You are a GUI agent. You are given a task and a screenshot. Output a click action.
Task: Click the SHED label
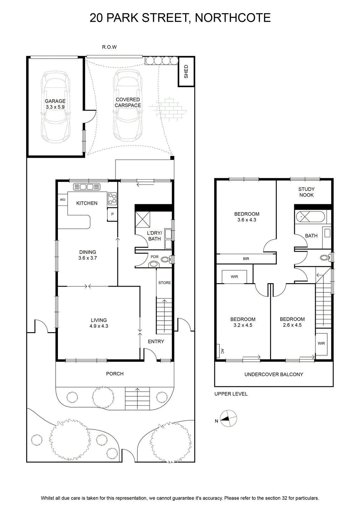pos(186,72)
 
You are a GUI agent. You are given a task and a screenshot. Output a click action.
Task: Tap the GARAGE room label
pos(55,101)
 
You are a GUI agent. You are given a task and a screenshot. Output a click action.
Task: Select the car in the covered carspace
pos(128,105)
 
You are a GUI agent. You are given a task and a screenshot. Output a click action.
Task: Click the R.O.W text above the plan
pos(109,47)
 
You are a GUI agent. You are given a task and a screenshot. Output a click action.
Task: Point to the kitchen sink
pos(87,187)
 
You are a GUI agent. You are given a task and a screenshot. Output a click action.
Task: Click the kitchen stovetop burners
pos(112,199)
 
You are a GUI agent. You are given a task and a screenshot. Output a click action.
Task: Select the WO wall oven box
pos(62,199)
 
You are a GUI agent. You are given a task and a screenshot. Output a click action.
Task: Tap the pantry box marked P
pos(112,214)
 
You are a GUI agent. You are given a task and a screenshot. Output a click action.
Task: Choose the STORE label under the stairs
pos(164,283)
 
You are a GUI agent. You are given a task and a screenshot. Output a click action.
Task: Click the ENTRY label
pos(156,342)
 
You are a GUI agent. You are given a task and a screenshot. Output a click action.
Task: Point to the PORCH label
pos(115,374)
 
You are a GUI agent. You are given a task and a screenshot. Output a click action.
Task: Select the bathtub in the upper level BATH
pos(310,217)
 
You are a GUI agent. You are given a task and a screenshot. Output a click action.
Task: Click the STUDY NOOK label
pos(306,192)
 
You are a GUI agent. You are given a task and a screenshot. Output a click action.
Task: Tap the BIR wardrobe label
pos(246,259)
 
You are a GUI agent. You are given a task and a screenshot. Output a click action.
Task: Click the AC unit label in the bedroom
pos(222,351)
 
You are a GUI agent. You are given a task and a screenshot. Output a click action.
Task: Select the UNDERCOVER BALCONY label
pos(274,374)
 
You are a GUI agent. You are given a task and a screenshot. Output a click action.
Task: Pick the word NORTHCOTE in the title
pos(233,18)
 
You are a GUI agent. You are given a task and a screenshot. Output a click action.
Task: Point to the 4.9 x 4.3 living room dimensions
pos(99,326)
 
